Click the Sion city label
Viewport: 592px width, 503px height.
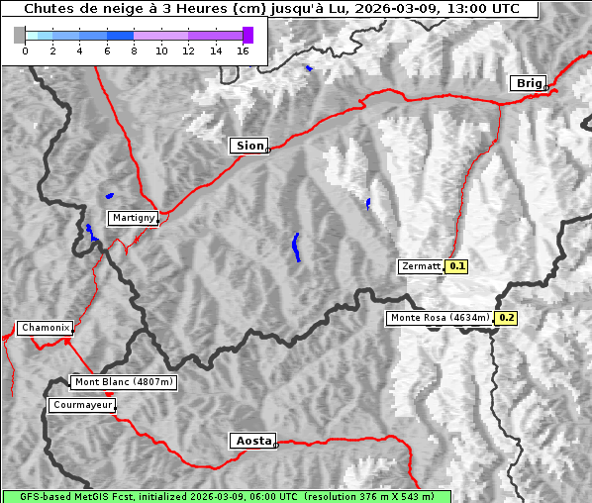tap(249, 146)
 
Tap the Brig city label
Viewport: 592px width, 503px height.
tap(527, 83)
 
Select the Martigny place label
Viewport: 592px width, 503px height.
tap(133, 218)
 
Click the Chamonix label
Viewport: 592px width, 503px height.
tap(45, 328)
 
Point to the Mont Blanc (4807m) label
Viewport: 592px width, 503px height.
tap(124, 382)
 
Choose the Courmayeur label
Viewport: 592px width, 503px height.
tap(82, 405)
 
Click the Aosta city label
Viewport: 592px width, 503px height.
tap(251, 441)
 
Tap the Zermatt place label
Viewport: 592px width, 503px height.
tap(421, 266)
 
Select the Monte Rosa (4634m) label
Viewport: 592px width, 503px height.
tap(440, 318)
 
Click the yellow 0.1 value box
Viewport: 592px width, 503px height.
tap(456, 266)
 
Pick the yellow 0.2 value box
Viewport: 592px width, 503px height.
tap(506, 318)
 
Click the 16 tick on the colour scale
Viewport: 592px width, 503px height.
tap(243, 50)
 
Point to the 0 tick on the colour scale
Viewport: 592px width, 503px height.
tap(25, 50)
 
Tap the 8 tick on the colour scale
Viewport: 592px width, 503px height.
tap(134, 50)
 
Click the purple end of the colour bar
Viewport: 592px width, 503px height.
tap(247, 35)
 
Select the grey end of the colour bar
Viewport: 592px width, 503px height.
tap(20, 35)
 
